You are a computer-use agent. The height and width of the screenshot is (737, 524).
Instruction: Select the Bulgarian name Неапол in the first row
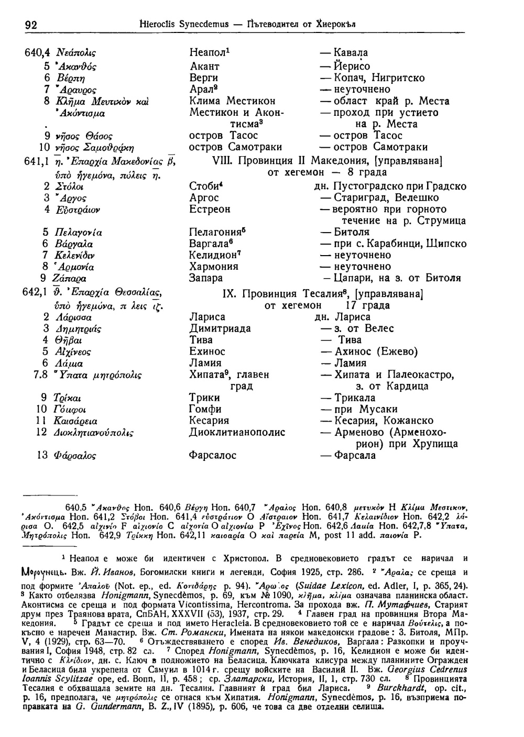[208, 53]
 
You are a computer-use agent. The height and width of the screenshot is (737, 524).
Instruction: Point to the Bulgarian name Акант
[204, 67]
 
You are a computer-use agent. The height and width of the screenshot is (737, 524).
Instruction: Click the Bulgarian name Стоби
[202, 186]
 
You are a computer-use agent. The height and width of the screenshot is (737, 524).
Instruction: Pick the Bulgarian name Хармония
[213, 267]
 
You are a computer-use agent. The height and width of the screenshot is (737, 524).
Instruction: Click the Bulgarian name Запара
[206, 278]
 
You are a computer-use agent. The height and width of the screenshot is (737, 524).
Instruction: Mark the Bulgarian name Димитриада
[220, 329]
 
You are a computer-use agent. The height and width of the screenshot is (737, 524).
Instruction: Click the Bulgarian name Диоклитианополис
[237, 433]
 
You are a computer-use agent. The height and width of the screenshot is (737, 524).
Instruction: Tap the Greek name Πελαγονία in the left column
[79, 233]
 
